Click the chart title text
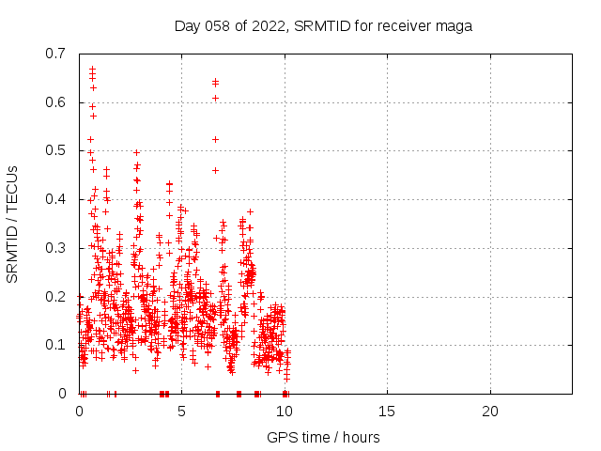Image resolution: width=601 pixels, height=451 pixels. coord(323,25)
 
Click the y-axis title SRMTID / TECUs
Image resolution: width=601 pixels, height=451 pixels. coord(12,224)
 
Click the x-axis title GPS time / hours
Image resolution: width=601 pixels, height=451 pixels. coord(323,437)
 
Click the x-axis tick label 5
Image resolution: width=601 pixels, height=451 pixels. coord(181,412)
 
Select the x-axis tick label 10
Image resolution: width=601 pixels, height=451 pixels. coord(285,412)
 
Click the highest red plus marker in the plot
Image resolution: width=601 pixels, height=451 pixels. coord(92,69)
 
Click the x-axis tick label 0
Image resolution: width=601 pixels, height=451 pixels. coord(79,412)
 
